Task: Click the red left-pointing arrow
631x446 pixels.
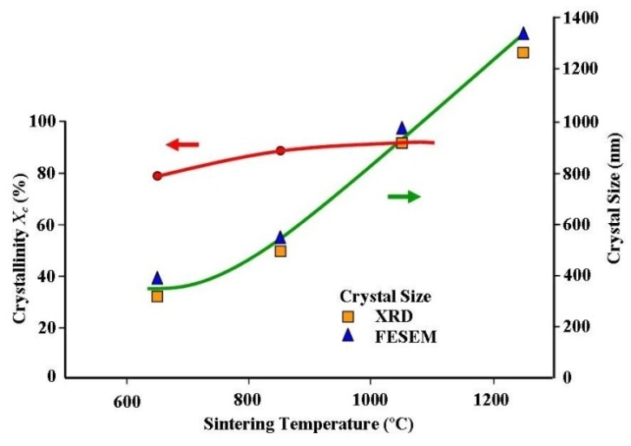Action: tap(182, 145)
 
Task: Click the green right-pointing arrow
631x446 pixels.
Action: tap(404, 197)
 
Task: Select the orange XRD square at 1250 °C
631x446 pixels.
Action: tap(523, 52)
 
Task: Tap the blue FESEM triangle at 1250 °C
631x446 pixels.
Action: tap(523, 34)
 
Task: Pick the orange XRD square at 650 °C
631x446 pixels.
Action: tap(157, 296)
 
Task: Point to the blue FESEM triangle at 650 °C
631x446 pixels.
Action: tap(157, 279)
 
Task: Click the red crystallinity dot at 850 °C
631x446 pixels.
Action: tap(280, 151)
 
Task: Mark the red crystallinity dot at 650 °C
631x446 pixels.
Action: tap(157, 176)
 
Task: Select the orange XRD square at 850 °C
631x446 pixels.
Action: tap(280, 251)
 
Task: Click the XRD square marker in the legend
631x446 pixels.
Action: tap(348, 317)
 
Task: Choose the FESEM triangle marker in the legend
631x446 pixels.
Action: tap(348, 337)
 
